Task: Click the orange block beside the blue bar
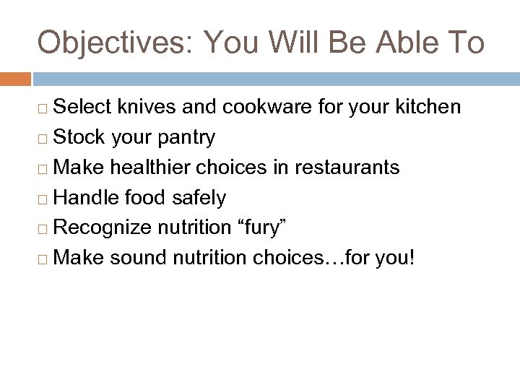(15, 77)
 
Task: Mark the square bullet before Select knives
(45, 108)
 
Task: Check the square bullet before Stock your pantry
(45, 138)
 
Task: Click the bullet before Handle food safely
(45, 197)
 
